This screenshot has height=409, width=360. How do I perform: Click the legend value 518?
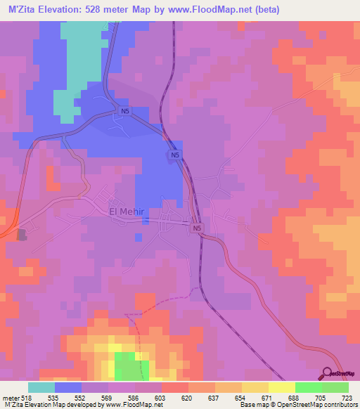(x=27, y=398)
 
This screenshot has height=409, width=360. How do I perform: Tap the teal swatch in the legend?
(x=41, y=387)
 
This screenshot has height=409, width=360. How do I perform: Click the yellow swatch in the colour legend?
(x=282, y=387)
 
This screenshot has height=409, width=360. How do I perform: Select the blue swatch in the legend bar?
(x=68, y=387)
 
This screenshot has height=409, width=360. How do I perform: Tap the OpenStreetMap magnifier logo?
(x=328, y=372)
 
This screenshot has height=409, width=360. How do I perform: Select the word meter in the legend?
(x=11, y=398)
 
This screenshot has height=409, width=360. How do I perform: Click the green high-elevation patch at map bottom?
(x=126, y=366)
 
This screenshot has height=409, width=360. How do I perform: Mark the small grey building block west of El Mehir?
(x=21, y=234)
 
